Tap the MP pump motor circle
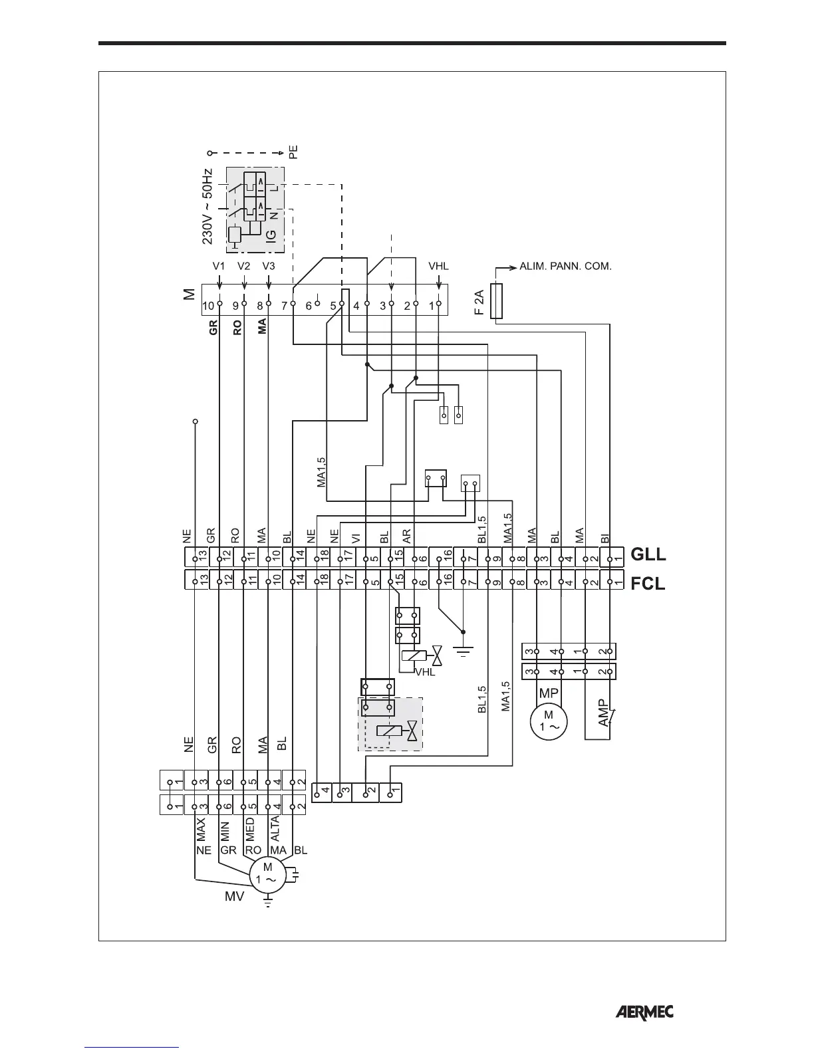click(548, 721)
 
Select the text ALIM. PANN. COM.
click(565, 267)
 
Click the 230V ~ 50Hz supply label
click(207, 206)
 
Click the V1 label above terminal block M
click(219, 266)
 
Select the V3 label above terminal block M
click(268, 266)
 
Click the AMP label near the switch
click(603, 712)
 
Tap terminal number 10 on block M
click(208, 306)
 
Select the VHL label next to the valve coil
click(425, 672)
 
